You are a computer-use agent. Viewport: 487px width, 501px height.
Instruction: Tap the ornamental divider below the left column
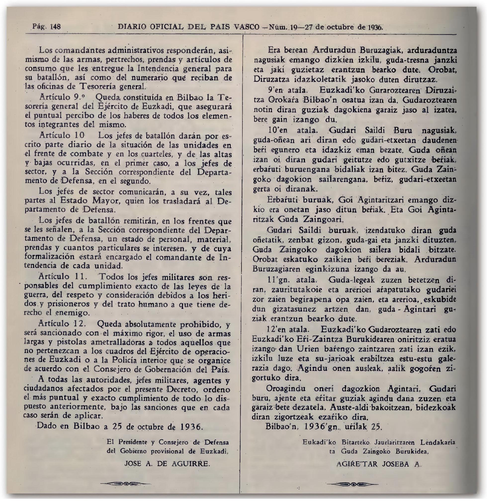point(125,484)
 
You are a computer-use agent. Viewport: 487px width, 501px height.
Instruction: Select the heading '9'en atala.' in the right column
point(285,90)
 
